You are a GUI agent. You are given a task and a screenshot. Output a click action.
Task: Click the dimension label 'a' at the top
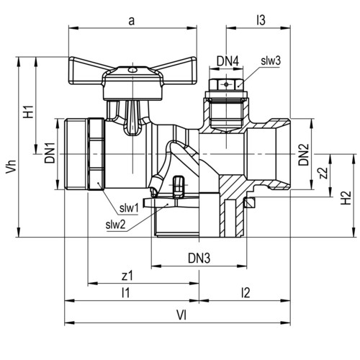[131, 21]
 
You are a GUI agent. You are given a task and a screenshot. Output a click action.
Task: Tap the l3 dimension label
[261, 20]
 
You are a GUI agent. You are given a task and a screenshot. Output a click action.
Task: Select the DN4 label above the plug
[228, 61]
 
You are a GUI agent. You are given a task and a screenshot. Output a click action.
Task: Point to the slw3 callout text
[271, 60]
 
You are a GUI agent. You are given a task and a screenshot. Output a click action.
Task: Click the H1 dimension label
[28, 112]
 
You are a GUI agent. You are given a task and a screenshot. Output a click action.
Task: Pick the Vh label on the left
[11, 166]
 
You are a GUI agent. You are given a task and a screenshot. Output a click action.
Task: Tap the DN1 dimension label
[50, 153]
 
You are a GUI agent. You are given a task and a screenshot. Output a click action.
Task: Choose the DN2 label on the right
[303, 155]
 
